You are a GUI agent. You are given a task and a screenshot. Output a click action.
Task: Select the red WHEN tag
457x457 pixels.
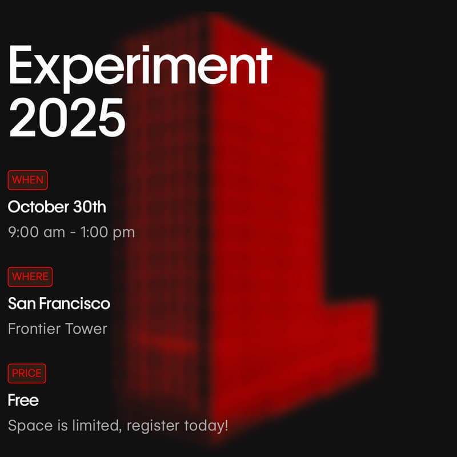tap(27, 180)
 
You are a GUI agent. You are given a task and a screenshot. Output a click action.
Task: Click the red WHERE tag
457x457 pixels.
tap(30, 277)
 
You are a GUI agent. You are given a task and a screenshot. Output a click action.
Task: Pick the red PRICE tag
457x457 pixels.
tap(27, 374)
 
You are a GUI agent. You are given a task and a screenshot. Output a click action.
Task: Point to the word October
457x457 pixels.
tap(38, 207)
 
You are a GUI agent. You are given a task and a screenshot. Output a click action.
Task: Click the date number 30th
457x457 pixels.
tap(90, 207)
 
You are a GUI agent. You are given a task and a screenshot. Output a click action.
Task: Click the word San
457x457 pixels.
tap(21, 303)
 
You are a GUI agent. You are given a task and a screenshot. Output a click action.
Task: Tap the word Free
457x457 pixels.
tap(23, 400)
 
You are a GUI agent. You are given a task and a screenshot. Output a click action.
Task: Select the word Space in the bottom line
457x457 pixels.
tap(26, 426)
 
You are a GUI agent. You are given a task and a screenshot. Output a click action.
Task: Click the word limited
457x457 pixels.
tap(94, 426)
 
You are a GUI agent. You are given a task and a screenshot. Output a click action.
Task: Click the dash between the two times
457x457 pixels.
tap(71, 233)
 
